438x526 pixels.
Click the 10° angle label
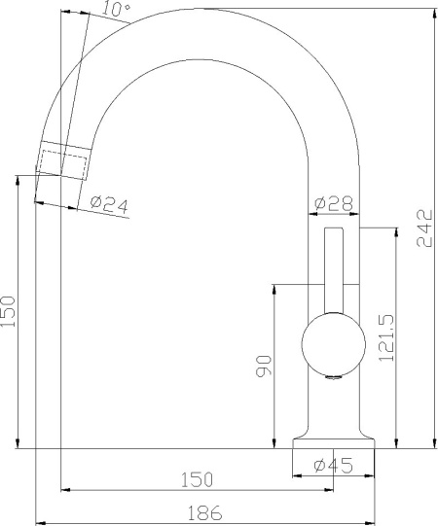[x=115, y=11]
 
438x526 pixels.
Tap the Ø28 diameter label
[x=333, y=204]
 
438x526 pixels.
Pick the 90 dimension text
[x=263, y=365]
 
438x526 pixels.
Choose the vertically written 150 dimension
[x=9, y=313]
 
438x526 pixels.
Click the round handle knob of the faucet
[x=333, y=345]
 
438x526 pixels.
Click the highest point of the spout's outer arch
[x=201, y=10]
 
